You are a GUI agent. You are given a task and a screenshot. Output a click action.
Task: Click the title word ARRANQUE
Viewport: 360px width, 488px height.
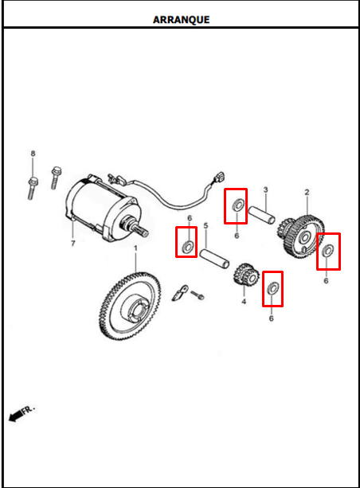tap(181, 20)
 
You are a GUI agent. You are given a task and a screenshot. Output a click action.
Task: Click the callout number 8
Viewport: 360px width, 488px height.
tap(33, 154)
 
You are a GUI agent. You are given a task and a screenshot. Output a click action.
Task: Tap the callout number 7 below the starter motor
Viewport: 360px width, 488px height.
tap(72, 244)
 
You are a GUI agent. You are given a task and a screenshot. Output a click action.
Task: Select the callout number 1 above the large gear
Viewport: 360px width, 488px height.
tap(135, 248)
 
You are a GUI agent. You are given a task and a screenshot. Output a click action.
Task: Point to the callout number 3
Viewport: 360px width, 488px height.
tap(265, 189)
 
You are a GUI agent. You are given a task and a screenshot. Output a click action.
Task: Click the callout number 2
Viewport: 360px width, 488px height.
tap(307, 192)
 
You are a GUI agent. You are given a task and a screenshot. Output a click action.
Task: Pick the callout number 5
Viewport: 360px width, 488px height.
tap(205, 225)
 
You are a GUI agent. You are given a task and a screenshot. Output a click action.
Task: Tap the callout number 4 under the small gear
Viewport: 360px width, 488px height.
tap(244, 301)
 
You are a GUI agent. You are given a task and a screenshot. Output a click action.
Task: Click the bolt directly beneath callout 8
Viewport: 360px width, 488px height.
tap(33, 188)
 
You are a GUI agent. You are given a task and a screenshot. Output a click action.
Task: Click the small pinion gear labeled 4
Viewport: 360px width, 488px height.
tap(246, 274)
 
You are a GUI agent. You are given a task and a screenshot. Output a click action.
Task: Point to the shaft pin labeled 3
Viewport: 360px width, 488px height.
tap(261, 214)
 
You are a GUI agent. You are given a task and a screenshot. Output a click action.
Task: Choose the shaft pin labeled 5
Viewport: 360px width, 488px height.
tap(214, 258)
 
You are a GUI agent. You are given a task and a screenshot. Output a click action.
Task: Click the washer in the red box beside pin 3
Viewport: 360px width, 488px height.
tap(239, 205)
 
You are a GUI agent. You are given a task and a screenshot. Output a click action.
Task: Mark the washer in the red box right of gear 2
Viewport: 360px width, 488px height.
tap(328, 251)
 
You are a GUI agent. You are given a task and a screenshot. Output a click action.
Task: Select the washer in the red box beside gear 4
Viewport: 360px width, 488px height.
tap(273, 288)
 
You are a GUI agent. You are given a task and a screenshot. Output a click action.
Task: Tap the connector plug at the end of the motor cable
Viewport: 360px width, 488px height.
tap(221, 177)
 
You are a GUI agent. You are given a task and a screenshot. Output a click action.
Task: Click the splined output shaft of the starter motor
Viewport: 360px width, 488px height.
tap(141, 231)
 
